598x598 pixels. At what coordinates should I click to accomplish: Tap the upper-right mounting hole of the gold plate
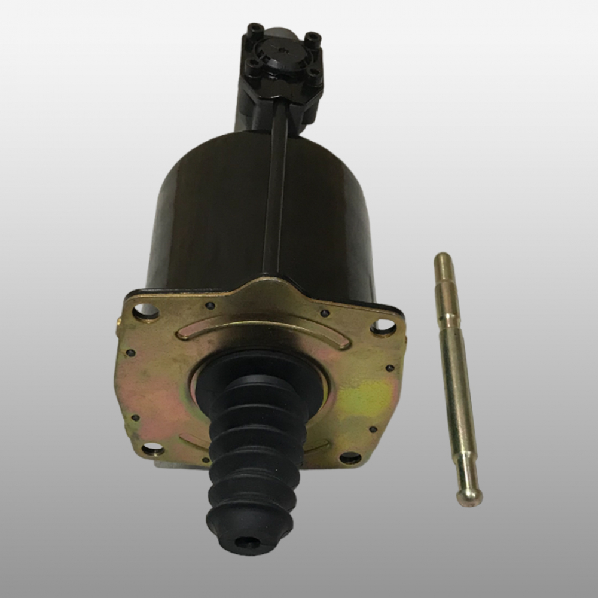coord(383,327)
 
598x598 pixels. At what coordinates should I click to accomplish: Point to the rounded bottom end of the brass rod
coord(469,496)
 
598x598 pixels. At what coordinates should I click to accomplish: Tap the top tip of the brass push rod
coord(443,258)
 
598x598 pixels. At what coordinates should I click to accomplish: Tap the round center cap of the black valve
coord(282,51)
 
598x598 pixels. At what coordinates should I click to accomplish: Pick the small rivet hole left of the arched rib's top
coord(210,306)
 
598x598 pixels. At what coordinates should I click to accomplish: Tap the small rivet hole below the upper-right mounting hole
coord(390,368)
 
